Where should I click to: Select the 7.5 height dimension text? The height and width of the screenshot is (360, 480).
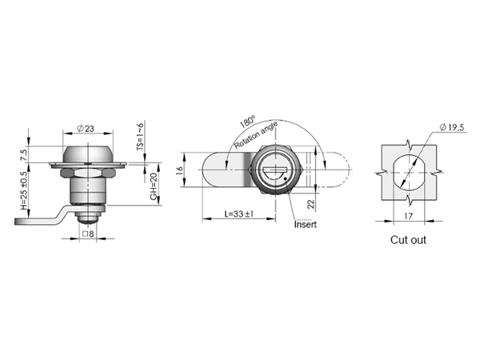click(x=24, y=154)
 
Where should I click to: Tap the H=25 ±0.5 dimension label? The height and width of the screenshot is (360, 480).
click(x=24, y=190)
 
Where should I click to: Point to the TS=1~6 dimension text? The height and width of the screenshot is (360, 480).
click(x=140, y=136)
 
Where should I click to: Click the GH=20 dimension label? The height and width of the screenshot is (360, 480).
click(x=154, y=186)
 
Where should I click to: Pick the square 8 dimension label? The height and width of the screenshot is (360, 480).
click(x=88, y=234)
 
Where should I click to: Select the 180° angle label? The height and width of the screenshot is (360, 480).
click(x=247, y=122)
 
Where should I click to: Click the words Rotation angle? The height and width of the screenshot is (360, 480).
click(x=256, y=135)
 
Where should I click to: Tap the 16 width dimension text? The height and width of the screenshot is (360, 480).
click(x=180, y=170)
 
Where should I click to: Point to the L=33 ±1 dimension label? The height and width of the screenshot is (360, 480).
click(x=238, y=214)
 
